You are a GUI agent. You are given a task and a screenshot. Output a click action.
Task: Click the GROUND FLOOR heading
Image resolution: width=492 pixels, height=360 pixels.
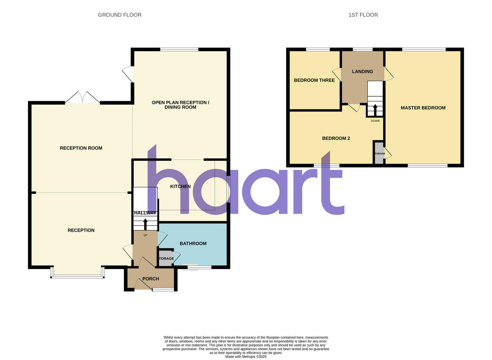[120, 15]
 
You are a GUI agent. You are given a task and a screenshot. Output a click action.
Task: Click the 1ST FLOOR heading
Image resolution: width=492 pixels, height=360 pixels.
[363, 15]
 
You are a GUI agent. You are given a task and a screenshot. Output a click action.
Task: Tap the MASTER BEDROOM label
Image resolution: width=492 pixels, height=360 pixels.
[423, 108]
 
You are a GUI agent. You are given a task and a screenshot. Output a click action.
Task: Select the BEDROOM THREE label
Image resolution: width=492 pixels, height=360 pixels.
[314, 80]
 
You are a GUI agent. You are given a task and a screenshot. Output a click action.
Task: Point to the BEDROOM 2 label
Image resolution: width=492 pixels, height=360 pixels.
[336, 138]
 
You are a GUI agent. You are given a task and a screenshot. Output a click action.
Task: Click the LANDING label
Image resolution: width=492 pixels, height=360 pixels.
[362, 71]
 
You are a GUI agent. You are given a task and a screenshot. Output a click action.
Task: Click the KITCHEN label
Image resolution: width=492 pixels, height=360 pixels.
[180, 187]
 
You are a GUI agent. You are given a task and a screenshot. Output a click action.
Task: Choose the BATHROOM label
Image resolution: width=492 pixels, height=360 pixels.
[193, 244]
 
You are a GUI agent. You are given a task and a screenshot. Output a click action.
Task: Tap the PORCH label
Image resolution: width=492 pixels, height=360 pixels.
[150, 279]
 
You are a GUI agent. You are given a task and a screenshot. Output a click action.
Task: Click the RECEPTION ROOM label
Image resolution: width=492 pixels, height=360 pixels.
[81, 148]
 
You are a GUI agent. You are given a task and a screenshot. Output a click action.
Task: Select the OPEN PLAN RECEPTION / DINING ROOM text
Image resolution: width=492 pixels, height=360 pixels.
[180, 105]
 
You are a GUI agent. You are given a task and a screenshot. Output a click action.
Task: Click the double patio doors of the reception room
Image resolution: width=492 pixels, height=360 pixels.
[83, 98]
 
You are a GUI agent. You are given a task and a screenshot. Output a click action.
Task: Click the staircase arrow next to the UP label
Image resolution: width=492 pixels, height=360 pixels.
[145, 225]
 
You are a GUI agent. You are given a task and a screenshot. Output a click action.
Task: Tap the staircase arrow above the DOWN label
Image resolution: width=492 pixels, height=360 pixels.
[375, 110]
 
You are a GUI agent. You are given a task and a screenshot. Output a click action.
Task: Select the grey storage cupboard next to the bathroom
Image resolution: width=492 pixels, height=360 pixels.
[166, 259]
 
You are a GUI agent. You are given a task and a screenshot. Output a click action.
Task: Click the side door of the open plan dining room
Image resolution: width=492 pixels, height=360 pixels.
[128, 74]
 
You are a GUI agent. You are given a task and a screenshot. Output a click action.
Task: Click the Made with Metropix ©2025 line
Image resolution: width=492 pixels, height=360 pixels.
[246, 357]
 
